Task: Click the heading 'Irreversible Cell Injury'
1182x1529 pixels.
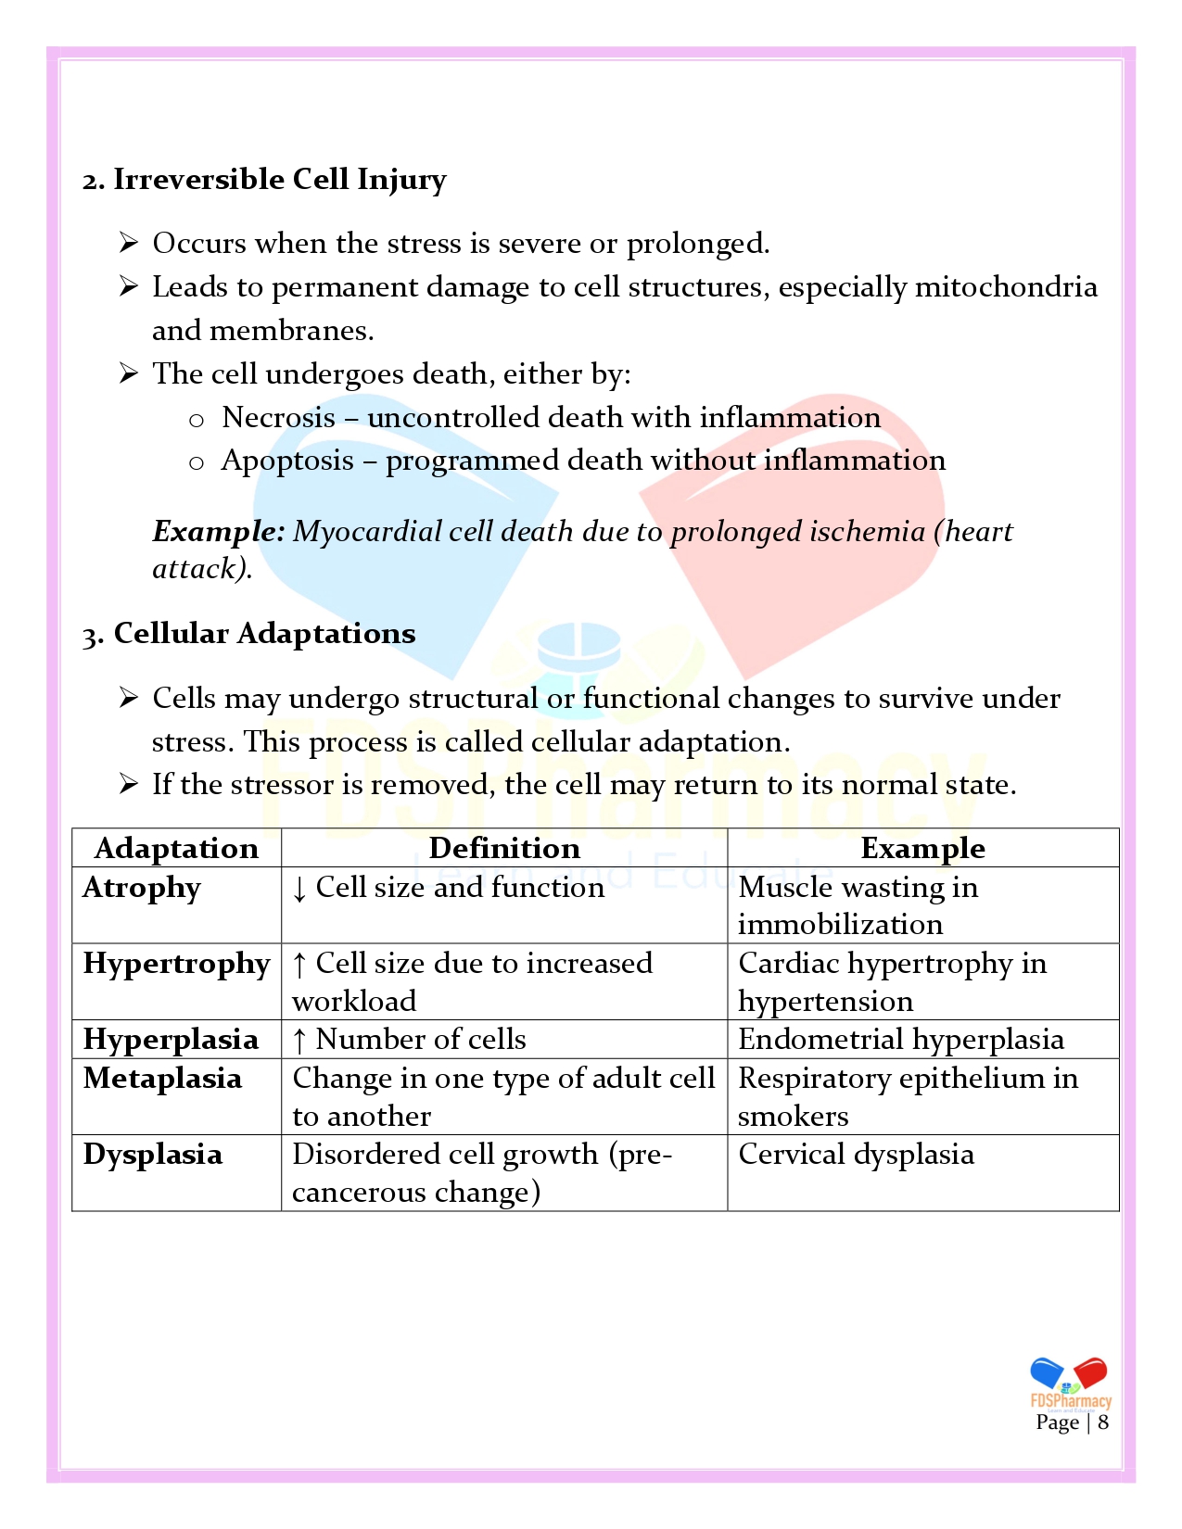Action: click(279, 179)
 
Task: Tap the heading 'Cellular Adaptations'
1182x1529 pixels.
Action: click(264, 633)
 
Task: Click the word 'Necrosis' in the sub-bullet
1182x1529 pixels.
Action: click(278, 417)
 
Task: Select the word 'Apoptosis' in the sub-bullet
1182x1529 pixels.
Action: click(287, 461)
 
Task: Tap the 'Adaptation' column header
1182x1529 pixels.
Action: click(176, 848)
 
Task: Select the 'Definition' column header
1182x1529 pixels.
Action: click(504, 848)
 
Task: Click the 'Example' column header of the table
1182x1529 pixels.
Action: click(922, 848)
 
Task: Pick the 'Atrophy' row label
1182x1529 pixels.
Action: click(142, 888)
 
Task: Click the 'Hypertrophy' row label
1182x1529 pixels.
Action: click(176, 964)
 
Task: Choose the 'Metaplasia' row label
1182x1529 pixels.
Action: click(162, 1079)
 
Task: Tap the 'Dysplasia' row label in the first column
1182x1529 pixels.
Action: click(153, 1155)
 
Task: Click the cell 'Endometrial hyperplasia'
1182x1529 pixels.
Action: click(900, 1040)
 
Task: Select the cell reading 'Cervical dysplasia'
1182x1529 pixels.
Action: click(856, 1155)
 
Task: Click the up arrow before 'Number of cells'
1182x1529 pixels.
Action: click(299, 1041)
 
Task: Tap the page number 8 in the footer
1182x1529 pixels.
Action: click(1103, 1422)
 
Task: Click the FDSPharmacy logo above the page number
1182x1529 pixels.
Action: click(1071, 1384)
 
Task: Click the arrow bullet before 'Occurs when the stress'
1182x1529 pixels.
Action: click(129, 243)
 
